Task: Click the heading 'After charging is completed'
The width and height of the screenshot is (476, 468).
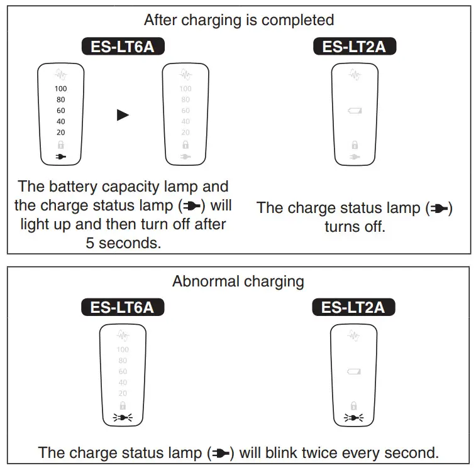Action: tap(238, 20)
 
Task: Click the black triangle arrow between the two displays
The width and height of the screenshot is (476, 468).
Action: tap(123, 115)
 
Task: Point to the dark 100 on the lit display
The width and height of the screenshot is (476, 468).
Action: tap(60, 89)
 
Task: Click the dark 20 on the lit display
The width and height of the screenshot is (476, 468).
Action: tap(60, 133)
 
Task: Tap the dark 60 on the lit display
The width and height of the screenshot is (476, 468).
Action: tap(60, 111)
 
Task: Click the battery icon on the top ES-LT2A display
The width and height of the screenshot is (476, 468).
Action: tap(355, 111)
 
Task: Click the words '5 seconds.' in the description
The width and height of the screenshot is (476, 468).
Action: tap(123, 242)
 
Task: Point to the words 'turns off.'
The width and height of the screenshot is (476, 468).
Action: tap(355, 227)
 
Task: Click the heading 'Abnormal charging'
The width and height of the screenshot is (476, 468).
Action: tap(238, 281)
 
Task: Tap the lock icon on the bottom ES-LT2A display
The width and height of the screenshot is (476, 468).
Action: tap(353, 405)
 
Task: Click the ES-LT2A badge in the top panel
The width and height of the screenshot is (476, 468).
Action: tap(354, 46)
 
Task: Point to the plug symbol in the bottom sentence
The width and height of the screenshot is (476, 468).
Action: tap(224, 453)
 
